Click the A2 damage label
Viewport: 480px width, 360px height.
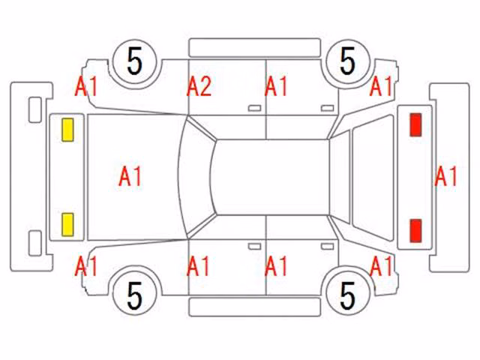[199, 87]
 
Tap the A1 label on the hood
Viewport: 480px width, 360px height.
[130, 176]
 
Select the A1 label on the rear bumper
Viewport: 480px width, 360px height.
[446, 176]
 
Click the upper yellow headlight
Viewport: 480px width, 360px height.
[67, 130]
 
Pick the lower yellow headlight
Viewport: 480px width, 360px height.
[67, 225]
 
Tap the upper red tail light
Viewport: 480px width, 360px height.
[415, 124]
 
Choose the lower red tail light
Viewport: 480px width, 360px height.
[415, 230]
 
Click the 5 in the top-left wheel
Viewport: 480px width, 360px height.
[135, 61]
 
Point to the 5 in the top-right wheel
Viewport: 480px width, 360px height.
[348, 61]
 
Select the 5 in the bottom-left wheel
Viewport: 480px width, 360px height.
[135, 295]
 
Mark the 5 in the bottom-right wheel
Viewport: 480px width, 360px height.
[348, 295]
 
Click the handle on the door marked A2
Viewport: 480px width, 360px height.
[254, 108]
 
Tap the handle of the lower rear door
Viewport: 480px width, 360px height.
[327, 247]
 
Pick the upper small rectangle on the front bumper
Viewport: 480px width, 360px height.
[35, 109]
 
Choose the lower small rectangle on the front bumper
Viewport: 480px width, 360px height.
[35, 243]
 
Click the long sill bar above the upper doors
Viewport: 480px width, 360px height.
[255, 48]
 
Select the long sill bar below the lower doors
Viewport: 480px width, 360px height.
[255, 307]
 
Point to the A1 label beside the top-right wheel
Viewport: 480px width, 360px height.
[381, 87]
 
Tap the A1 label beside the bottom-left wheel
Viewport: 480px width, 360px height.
[86, 266]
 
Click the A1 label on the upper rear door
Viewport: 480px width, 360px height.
[276, 87]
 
